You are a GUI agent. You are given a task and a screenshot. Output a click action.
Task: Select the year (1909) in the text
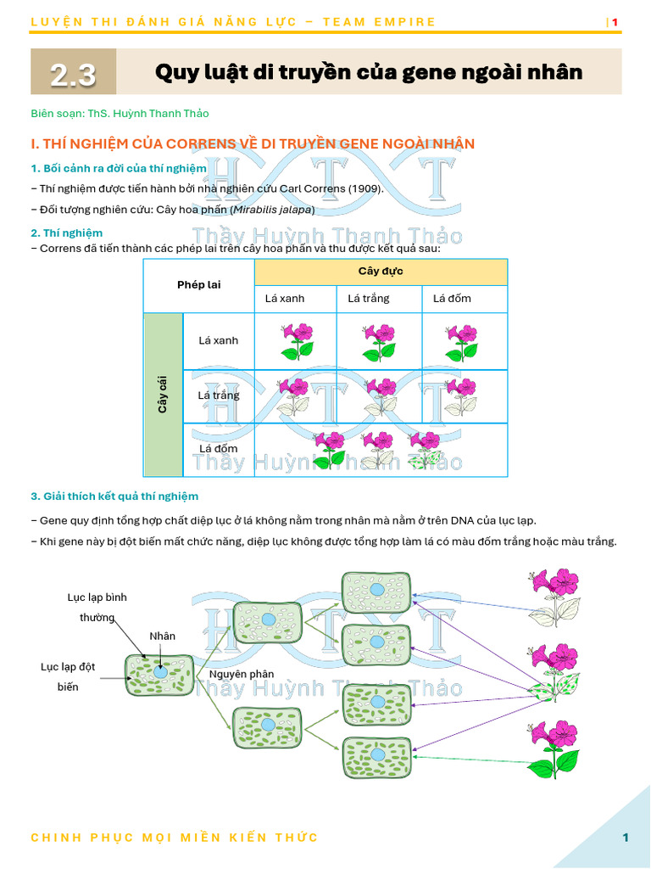click(364, 188)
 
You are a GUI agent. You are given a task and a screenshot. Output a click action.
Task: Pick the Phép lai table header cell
click(199, 285)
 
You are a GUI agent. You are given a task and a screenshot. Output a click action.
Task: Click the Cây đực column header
click(381, 272)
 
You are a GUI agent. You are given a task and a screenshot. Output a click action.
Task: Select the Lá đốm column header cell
click(452, 299)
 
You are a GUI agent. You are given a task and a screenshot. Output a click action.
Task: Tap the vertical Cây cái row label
click(163, 395)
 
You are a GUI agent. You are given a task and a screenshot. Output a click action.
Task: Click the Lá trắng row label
click(219, 395)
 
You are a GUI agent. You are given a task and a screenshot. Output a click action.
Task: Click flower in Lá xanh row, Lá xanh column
click(297, 341)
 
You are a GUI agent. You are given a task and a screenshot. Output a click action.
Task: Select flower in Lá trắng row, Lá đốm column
click(461, 396)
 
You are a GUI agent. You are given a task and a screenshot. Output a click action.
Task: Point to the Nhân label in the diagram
click(163, 636)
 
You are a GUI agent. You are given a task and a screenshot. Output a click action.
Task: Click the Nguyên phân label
click(242, 674)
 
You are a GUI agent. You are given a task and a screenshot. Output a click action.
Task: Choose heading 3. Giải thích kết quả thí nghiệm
click(114, 496)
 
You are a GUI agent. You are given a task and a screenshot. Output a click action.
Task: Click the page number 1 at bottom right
click(626, 838)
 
